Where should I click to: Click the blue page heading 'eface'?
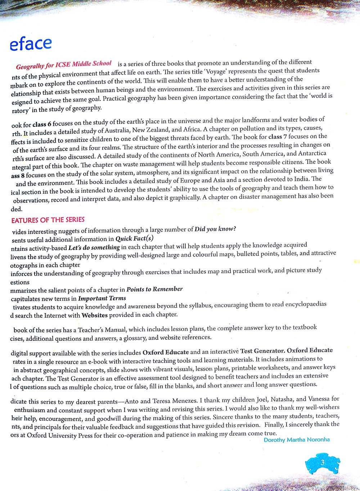pyautogui.click(x=31, y=44)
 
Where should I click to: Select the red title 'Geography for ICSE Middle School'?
pyautogui.click(x=64, y=65)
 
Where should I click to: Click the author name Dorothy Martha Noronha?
pyautogui.click(x=297, y=439)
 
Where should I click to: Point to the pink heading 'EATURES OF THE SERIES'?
pyautogui.click(x=48, y=220)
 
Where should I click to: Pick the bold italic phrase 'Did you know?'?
pyautogui.click(x=215, y=229)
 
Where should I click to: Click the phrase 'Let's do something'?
pyautogui.click(x=94, y=247)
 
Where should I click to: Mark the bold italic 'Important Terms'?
pyautogui.click(x=102, y=298)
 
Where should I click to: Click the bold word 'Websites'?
pyautogui.click(x=95, y=315)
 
